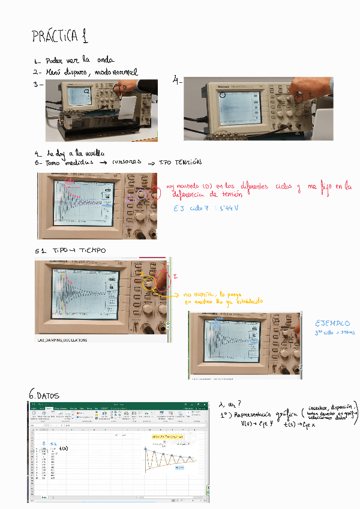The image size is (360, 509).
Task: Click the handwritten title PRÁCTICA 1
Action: (60, 37)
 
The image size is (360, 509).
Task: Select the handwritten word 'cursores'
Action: (126, 162)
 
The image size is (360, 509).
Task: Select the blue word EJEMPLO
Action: (332, 323)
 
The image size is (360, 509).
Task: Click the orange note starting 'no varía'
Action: (209, 295)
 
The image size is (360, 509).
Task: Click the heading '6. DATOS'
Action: (44, 395)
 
